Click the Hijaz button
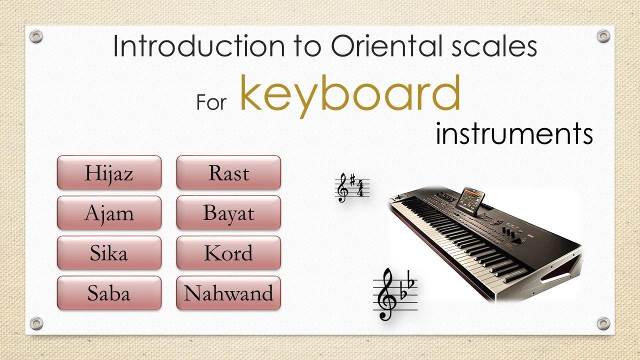click(109, 172)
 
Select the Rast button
click(228, 172)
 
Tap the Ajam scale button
click(109, 212)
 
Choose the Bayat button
click(228, 212)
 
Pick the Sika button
click(109, 252)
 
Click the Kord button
click(228, 252)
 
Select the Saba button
click(109, 293)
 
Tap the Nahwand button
click(228, 293)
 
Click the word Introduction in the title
click(199, 45)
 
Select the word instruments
click(514, 133)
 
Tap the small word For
click(211, 102)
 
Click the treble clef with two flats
click(395, 294)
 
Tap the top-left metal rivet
click(36, 36)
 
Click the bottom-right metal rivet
click(603, 323)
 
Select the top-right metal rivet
click(603, 36)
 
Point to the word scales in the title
click(494, 45)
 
